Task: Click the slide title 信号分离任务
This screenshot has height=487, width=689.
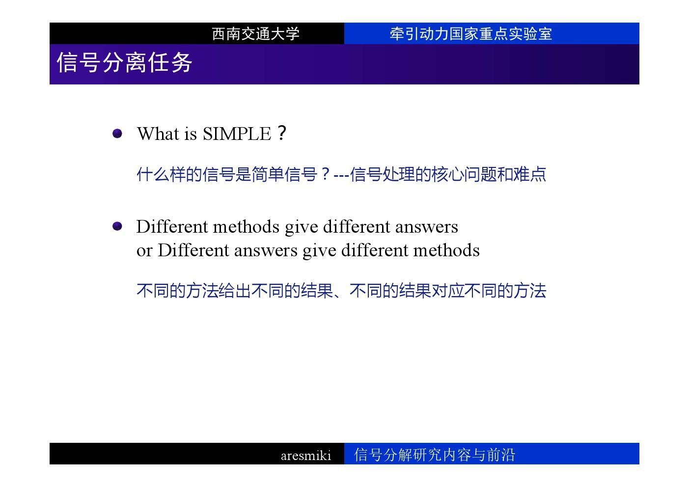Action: (125, 62)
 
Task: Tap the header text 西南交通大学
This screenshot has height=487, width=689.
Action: (255, 33)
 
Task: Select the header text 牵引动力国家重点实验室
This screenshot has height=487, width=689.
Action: (471, 33)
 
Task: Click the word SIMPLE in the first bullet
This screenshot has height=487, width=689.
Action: (237, 134)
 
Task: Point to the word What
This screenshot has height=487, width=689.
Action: (158, 134)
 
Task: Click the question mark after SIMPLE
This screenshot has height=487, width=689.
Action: (281, 133)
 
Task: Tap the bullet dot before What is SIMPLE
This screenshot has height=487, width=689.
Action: (117, 134)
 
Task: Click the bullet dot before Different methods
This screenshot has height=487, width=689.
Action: (117, 226)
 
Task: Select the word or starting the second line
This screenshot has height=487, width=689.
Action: (144, 251)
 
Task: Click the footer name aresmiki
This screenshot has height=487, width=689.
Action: (306, 455)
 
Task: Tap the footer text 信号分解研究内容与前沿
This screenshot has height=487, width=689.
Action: (434, 455)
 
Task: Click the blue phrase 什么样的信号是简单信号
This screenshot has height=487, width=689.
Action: (227, 174)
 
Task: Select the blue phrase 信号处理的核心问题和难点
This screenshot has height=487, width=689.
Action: (448, 174)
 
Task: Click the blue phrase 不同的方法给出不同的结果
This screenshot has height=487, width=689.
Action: (235, 291)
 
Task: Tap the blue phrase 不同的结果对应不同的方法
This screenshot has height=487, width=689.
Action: (448, 291)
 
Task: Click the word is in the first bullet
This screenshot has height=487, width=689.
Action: (191, 134)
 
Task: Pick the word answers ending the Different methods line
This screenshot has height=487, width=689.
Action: (427, 227)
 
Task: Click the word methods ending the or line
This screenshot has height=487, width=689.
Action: (446, 250)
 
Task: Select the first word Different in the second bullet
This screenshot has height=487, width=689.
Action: (172, 227)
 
